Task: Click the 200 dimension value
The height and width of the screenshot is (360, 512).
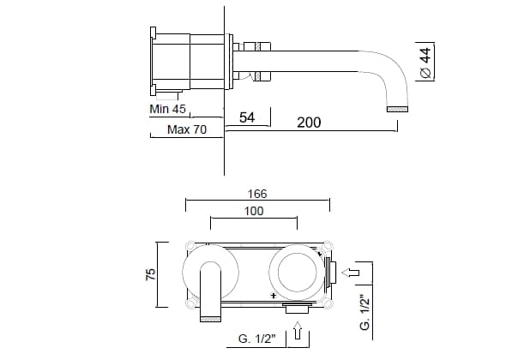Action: (309, 123)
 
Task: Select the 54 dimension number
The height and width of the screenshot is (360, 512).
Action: (247, 118)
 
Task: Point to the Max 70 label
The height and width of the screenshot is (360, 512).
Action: (186, 129)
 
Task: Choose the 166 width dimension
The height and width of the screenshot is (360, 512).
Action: (256, 194)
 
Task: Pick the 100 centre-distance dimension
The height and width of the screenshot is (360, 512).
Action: (256, 211)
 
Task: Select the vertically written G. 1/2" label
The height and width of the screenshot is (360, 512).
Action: (364, 314)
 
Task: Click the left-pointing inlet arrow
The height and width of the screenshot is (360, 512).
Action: (350, 273)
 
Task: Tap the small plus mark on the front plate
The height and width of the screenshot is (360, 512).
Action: (274, 294)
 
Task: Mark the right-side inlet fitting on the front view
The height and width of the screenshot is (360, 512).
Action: (331, 273)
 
